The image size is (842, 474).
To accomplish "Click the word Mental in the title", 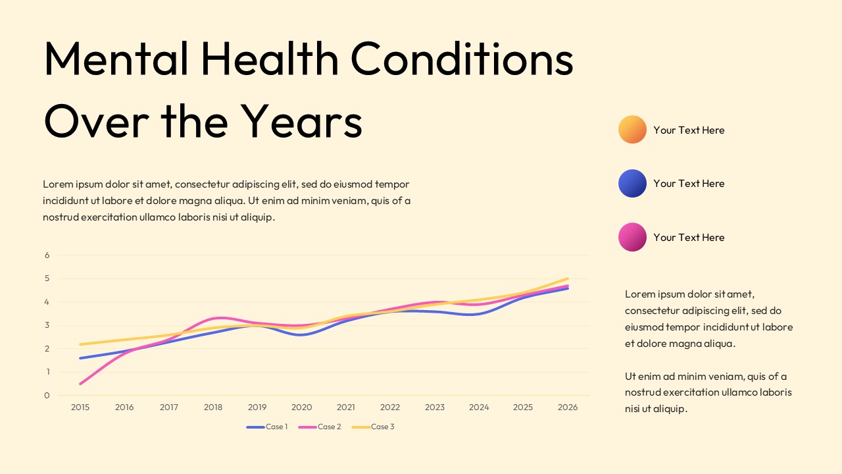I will coord(116,59).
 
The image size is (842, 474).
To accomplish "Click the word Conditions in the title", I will coord(462,59).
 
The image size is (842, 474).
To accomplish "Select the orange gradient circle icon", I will coord(632,130).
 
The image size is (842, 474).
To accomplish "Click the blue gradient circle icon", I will coord(632,183).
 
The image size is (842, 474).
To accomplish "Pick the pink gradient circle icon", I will coord(632,237).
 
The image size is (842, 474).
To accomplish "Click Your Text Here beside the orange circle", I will coord(689,130).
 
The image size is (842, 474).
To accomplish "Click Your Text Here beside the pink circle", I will coord(689,238).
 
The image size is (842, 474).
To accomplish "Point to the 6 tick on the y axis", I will coord(47,255).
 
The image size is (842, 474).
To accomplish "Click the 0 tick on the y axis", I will coord(47,396).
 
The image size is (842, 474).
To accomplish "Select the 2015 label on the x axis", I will coord(80,408).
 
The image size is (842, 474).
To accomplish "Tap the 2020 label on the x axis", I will coord(302,408).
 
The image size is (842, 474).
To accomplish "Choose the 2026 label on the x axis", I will coord(568,408).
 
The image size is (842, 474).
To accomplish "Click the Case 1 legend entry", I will coord(268,427).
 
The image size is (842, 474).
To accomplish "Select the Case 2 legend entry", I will coord(320,427).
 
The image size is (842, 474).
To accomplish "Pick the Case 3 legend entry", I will coord(374,427).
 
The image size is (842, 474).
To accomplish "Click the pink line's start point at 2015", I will coord(80,383).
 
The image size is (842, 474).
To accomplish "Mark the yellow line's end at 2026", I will coord(567,278).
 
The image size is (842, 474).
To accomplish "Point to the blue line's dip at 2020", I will coord(301,334).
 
